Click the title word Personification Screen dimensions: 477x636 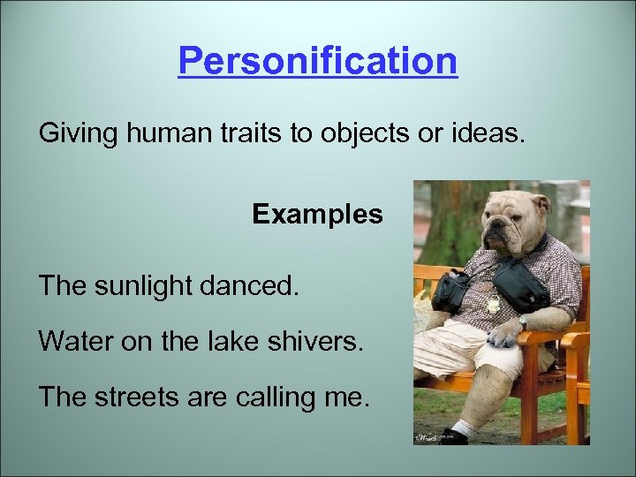318,62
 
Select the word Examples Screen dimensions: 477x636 317,215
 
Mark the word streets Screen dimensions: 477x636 142,398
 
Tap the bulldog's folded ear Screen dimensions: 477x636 541,202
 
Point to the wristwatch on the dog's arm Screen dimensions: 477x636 524,322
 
